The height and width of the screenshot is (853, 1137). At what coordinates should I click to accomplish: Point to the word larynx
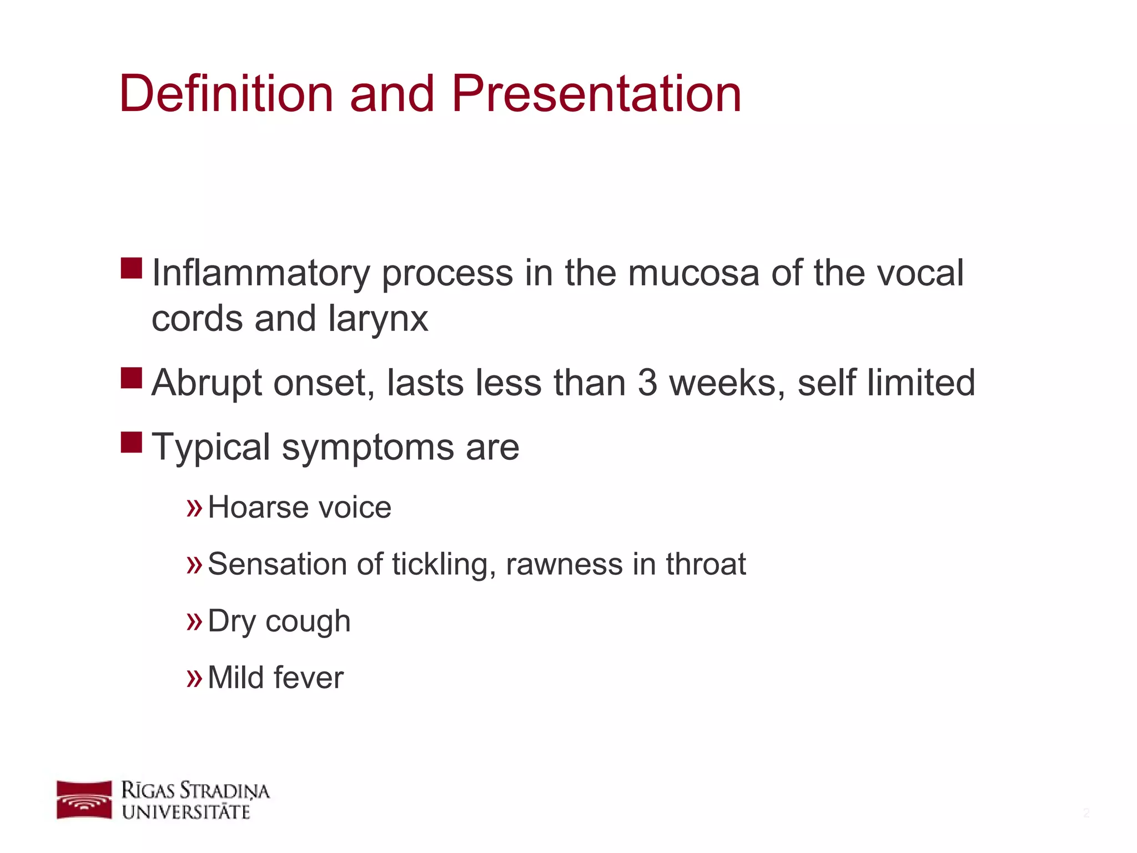click(x=378, y=320)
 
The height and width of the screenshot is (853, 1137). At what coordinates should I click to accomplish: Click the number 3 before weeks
click(x=647, y=383)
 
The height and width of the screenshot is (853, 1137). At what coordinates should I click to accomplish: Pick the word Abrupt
click(x=206, y=384)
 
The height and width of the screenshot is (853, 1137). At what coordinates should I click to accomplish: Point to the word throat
click(x=706, y=564)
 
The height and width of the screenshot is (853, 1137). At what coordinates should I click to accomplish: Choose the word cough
click(x=308, y=622)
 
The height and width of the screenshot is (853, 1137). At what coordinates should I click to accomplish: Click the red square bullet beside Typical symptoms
click(x=132, y=443)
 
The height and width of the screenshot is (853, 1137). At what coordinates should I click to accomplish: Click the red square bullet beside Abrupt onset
click(x=132, y=378)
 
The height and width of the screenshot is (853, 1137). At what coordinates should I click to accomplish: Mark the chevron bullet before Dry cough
click(x=194, y=622)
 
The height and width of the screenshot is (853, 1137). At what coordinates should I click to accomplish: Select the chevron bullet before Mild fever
click(x=194, y=678)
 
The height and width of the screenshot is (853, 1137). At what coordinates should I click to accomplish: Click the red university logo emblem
click(x=84, y=800)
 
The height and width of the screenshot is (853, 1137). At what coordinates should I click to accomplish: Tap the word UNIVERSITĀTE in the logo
click(x=187, y=812)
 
